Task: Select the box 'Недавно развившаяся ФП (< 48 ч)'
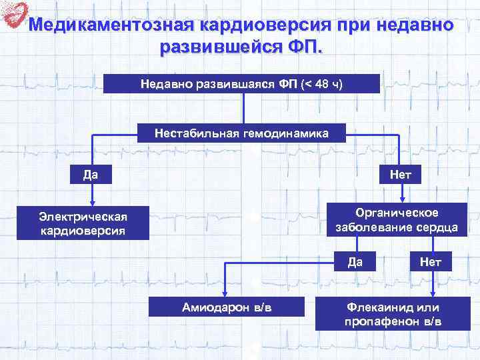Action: pyautogui.click(x=242, y=84)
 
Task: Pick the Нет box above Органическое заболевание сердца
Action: pyautogui.click(x=401, y=175)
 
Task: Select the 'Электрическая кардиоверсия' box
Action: pyautogui.click(x=83, y=223)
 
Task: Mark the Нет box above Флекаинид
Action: pyautogui.click(x=431, y=261)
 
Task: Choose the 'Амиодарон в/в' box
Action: pyautogui.click(x=227, y=307)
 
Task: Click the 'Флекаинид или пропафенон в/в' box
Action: pyautogui.click(x=393, y=313)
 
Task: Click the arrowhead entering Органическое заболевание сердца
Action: pyautogui.click(x=401, y=198)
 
